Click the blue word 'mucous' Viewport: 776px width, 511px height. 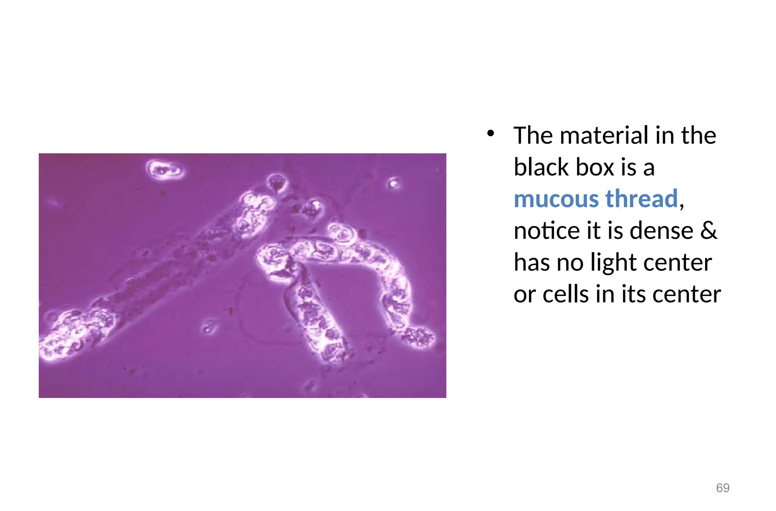(x=556, y=199)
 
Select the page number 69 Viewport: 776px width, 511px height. (x=723, y=487)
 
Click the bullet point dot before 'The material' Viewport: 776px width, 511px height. (x=491, y=133)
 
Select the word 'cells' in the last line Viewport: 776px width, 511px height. (x=565, y=294)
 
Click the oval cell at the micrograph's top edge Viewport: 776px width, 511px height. (x=165, y=169)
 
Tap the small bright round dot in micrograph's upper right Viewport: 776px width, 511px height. (x=394, y=184)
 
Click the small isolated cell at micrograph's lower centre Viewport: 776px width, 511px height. (x=208, y=328)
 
